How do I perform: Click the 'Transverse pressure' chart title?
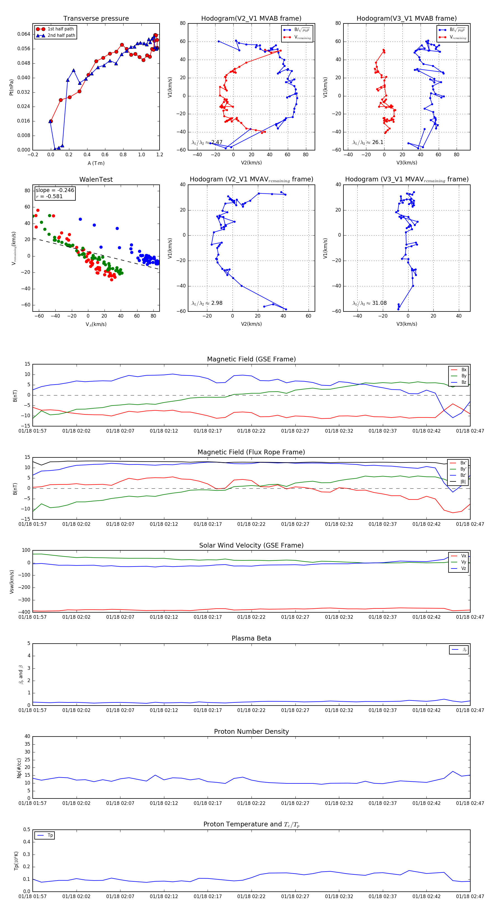[x=96, y=19]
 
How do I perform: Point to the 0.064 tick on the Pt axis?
[x=24, y=34]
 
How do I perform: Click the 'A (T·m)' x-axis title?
[x=96, y=163]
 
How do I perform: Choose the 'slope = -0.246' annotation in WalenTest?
[x=55, y=190]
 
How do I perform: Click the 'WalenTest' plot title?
[x=96, y=179]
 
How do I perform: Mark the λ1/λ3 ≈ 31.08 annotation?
[x=369, y=303]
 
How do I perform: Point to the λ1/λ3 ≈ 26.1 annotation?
[x=368, y=142]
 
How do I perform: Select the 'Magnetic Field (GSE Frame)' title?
[x=251, y=359]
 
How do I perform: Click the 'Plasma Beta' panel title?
[x=251, y=639]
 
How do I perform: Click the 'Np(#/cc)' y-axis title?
[x=19, y=768]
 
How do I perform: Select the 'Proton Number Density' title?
[x=251, y=731]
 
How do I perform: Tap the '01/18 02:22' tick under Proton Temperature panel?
[x=251, y=896]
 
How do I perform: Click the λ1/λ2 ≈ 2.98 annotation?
[x=207, y=303]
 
